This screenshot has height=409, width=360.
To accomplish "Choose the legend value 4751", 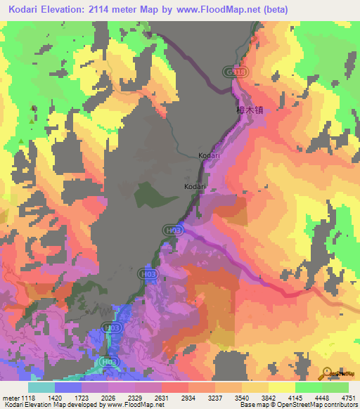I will click(x=349, y=398).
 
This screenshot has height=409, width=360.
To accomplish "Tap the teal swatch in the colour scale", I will click(x=41, y=387).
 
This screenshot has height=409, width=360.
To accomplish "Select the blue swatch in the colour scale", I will click(x=68, y=387).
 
